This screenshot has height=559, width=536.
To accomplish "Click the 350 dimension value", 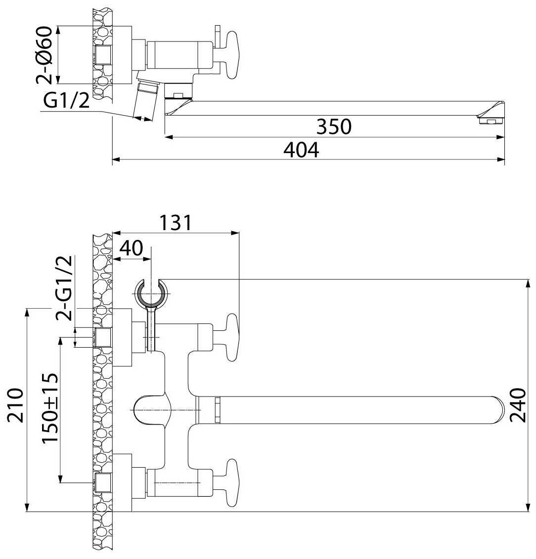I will point(334,126).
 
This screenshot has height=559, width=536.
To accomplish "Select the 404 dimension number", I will point(301,150).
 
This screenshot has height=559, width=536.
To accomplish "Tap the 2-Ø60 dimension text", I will point(44,54).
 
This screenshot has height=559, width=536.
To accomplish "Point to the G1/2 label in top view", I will point(67,101).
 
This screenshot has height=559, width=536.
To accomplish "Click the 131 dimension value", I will point(175,223).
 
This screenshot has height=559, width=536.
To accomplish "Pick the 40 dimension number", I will point(131,248).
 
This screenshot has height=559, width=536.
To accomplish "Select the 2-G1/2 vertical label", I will point(65,288).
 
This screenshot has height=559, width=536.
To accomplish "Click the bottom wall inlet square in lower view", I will point(102,482).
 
